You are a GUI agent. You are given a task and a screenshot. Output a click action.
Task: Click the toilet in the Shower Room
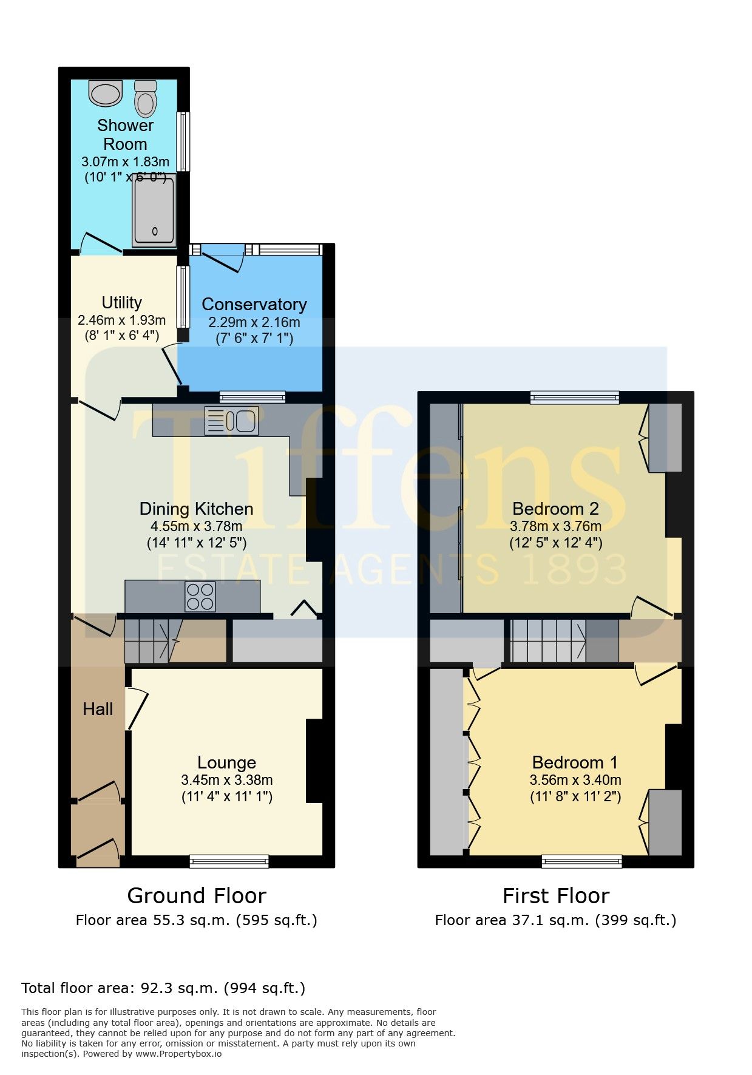pos(146,98)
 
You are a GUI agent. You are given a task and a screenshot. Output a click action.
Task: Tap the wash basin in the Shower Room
pos(105,93)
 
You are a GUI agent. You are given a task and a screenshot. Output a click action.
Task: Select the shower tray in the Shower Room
pos(154,210)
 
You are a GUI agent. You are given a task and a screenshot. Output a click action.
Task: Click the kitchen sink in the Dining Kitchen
pos(231,421)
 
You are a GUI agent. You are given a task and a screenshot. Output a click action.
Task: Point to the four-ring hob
pos(200,597)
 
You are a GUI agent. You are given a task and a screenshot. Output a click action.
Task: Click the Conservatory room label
pos(254,304)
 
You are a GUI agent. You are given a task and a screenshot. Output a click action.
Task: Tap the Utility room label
pos(122,302)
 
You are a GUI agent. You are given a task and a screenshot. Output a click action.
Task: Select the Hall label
pos(98,709)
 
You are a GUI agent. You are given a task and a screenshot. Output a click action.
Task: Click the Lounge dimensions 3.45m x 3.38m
pos(227,780)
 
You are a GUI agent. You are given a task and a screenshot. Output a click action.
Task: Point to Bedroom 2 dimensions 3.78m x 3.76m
pos(556,526)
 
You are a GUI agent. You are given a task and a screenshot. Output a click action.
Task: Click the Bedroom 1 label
pos(575,762)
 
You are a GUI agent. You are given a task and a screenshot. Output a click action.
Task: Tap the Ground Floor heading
pos(197,896)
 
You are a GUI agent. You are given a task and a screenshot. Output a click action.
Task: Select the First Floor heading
pos(556,896)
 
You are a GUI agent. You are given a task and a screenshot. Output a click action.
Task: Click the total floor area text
pos(163,988)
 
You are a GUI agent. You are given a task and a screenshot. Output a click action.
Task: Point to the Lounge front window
pos(229,861)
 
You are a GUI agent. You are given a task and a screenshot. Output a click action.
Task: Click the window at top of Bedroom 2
pos(575,398)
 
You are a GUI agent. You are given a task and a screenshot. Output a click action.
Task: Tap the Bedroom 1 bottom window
pos(582,861)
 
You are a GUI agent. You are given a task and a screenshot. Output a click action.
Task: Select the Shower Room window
pos(183,141)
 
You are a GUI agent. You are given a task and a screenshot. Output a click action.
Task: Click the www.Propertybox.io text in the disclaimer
pos(178,1054)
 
